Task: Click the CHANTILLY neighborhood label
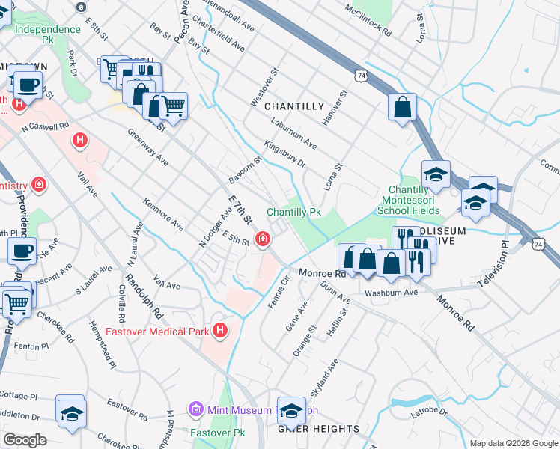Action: point(294,106)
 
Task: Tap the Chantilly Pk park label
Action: point(293,213)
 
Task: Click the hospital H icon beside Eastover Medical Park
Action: point(220,329)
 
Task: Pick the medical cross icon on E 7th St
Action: point(263,239)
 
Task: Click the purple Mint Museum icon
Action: point(196,409)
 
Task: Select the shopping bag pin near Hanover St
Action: point(402,106)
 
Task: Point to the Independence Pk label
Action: point(48,29)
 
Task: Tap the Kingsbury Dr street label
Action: point(285,153)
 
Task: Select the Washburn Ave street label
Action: point(391,293)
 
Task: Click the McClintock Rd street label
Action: point(368,20)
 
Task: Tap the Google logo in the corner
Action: point(24,440)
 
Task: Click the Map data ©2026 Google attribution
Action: point(513,443)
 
